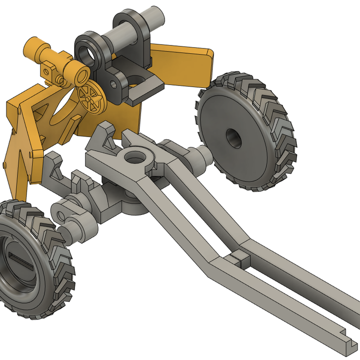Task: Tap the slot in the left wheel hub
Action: (x=21, y=262)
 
